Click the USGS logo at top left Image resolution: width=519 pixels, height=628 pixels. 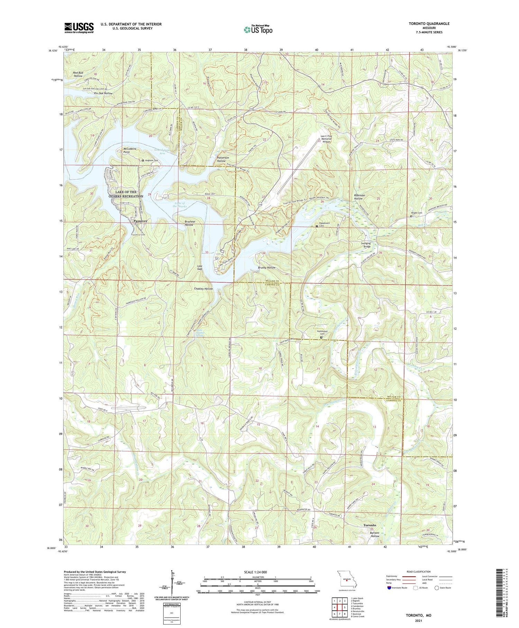click(79, 28)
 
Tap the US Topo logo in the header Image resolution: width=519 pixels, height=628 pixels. click(258, 30)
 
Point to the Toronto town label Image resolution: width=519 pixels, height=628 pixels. click(370, 525)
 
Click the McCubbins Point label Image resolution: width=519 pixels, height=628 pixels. click(130, 150)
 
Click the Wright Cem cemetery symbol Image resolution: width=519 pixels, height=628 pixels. click(411, 216)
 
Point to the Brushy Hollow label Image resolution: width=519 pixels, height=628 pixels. click(267, 268)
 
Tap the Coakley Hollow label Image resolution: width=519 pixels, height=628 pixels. click(203, 289)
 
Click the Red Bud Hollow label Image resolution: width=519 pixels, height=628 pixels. click(78, 74)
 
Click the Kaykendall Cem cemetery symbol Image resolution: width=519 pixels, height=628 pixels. click(321, 337)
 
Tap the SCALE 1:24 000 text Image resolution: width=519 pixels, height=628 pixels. click(254, 572)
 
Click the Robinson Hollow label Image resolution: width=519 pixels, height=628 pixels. click(358, 197)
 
